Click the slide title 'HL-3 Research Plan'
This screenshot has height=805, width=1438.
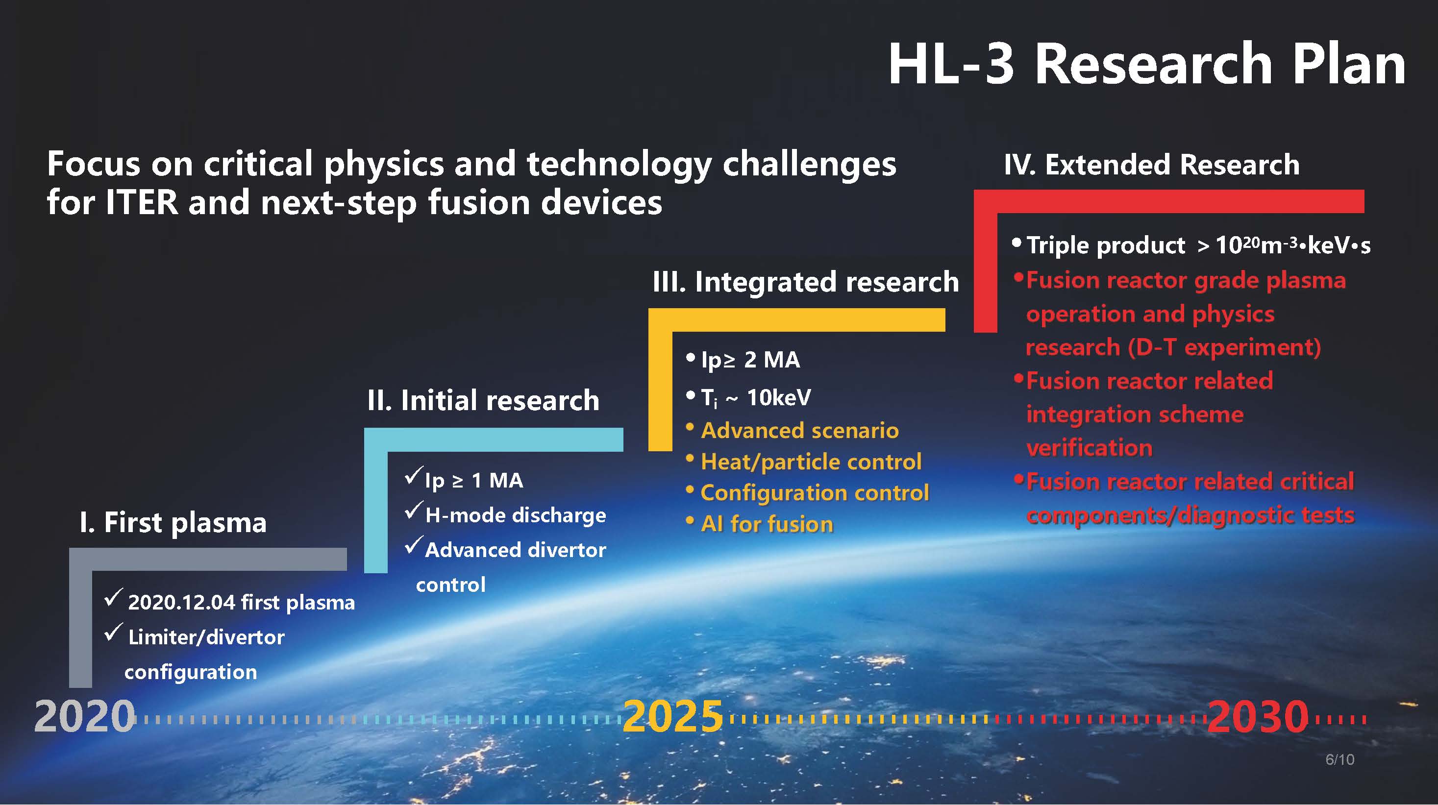(x=1146, y=64)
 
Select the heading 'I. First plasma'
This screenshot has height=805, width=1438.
(x=173, y=522)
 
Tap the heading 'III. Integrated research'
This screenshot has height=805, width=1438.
(x=806, y=282)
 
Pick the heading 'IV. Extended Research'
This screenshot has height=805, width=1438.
(x=1152, y=165)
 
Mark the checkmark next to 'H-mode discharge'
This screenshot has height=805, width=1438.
(x=414, y=511)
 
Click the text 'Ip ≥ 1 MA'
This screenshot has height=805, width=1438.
(x=474, y=480)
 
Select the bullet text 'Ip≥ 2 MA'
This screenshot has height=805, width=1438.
(x=750, y=360)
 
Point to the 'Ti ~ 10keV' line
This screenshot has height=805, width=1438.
(x=756, y=398)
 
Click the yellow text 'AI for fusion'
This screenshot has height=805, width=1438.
(x=767, y=524)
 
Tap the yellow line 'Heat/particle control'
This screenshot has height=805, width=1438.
(x=811, y=462)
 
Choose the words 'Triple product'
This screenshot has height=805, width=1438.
(x=1105, y=245)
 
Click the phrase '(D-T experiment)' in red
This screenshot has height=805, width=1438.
(x=1224, y=347)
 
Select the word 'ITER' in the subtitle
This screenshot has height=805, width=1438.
(x=141, y=202)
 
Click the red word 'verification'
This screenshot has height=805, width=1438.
(x=1089, y=447)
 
